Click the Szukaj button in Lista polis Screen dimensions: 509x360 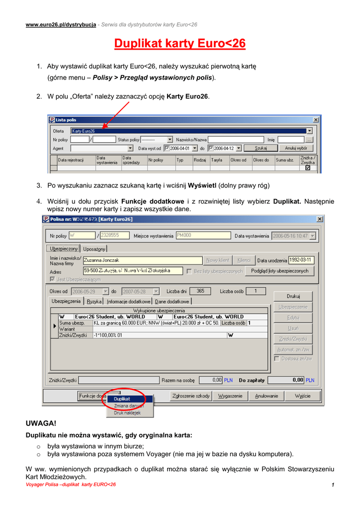(x=261, y=148)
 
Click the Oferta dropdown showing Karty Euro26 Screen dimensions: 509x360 (x=191, y=131)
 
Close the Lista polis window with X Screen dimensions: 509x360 (x=316, y=120)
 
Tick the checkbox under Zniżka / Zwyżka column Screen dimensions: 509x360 (x=307, y=168)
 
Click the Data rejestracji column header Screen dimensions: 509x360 (x=71, y=160)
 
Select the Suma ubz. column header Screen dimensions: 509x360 (x=284, y=160)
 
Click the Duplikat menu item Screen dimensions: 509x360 (x=122, y=399)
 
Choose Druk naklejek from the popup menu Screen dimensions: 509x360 (x=127, y=413)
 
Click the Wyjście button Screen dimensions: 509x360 (x=302, y=396)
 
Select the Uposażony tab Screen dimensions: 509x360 (x=94, y=249)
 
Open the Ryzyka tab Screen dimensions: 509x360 (x=94, y=301)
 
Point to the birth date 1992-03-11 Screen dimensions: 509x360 (x=302, y=259)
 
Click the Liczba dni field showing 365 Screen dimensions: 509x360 (x=200, y=291)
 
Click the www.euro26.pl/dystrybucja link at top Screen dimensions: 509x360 (x=61, y=24)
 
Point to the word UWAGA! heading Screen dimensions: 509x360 (x=41, y=424)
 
